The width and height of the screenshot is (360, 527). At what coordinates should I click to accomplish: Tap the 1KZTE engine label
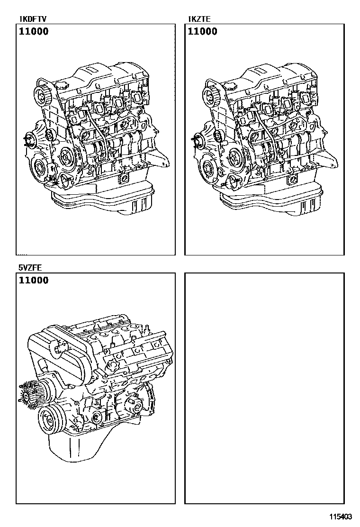point(200,19)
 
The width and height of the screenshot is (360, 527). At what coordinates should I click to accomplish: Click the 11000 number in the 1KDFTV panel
point(33,32)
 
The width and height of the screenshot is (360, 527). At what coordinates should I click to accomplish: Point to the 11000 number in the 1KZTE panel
point(203,32)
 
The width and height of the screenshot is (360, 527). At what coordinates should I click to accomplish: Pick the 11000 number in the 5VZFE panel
point(33,280)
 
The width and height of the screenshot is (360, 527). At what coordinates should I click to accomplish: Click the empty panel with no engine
point(264,388)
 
